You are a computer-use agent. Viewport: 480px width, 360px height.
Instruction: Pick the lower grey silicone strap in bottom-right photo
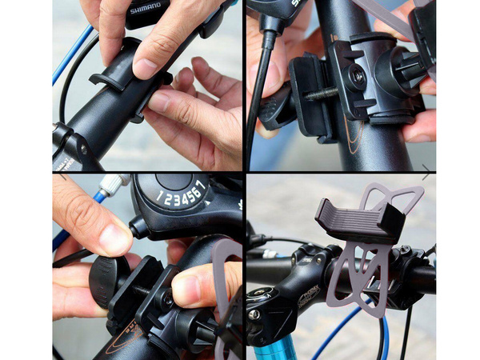pos(357,280)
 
